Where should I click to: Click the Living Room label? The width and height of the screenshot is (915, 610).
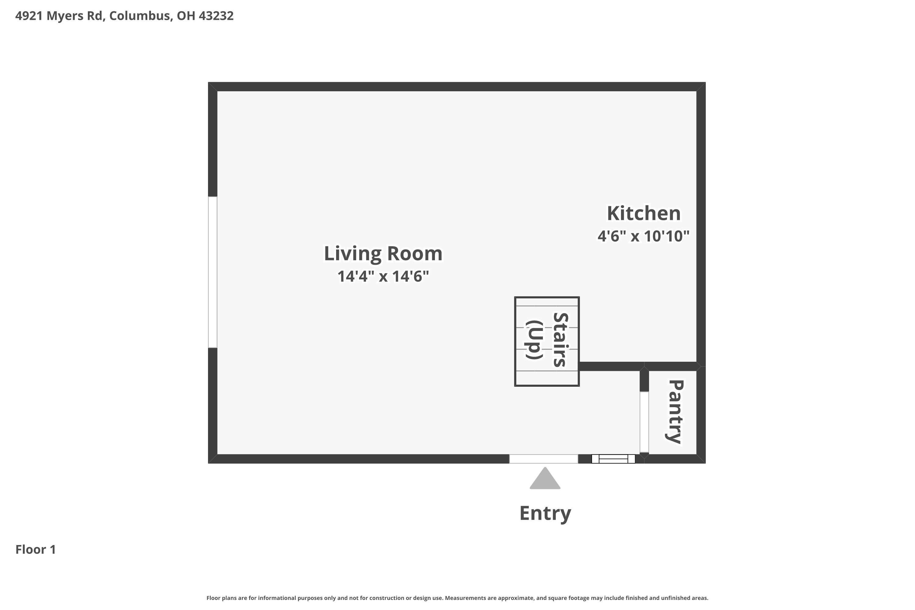(383, 254)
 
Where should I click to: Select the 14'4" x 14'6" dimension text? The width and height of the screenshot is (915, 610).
(383, 277)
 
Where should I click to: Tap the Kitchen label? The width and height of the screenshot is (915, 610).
(644, 213)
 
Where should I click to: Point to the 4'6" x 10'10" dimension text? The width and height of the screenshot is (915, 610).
(644, 236)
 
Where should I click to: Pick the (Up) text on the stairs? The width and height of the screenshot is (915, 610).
(534, 340)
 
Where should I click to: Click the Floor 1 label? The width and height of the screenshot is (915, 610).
(35, 549)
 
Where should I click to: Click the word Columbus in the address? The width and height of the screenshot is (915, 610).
(139, 16)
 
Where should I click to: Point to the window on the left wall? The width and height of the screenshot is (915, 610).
(212, 272)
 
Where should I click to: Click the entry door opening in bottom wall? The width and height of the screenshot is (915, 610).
(544, 459)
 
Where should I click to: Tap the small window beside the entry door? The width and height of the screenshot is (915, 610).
(613, 459)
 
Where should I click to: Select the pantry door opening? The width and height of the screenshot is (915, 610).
(644, 422)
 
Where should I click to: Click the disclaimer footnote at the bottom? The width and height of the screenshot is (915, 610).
(457, 598)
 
